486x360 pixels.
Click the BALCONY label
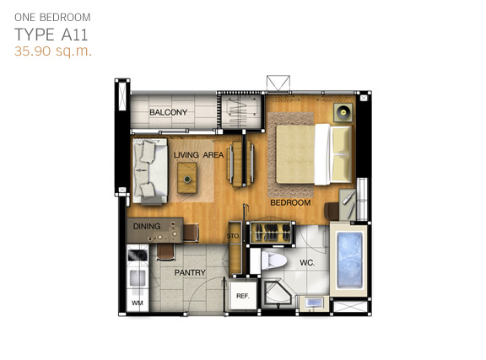click(x=168, y=112)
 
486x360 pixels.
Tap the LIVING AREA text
click(x=198, y=154)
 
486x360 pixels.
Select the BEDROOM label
click(x=290, y=202)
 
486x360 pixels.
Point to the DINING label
click(x=147, y=226)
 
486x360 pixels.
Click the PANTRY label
click(x=190, y=272)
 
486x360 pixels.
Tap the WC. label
click(x=307, y=263)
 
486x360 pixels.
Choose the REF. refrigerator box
click(x=243, y=295)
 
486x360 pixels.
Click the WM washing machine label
click(x=138, y=303)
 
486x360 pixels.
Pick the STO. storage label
click(x=233, y=236)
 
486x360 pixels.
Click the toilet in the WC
click(x=272, y=261)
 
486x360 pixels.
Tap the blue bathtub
click(x=349, y=260)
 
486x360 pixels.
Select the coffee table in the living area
click(x=187, y=178)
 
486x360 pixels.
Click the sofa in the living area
click(x=150, y=172)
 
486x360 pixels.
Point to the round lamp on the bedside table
click(x=343, y=111)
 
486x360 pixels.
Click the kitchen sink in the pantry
click(x=138, y=278)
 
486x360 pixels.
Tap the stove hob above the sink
click(x=138, y=255)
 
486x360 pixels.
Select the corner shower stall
click(x=277, y=293)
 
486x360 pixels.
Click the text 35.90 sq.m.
click(x=53, y=51)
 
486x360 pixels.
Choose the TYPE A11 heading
click(x=51, y=35)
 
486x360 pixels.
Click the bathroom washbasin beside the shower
click(x=314, y=303)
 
